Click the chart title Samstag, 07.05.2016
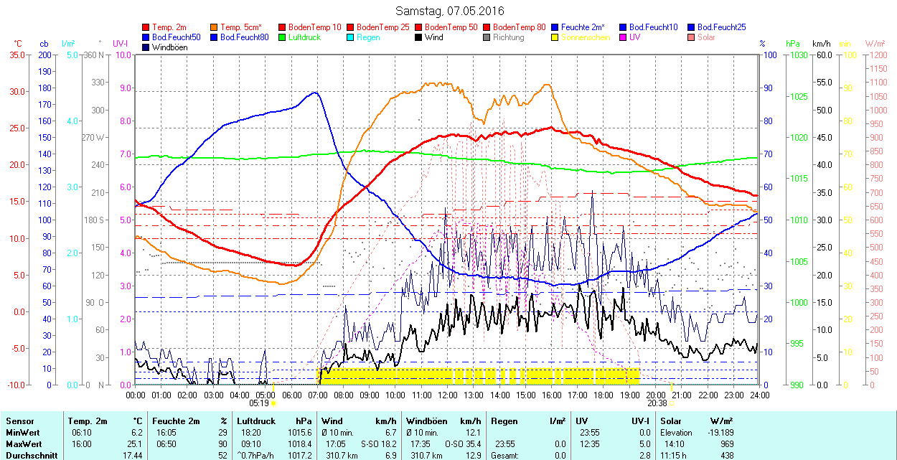[x=450, y=11]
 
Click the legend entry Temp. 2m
[x=169, y=27]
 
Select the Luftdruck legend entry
[x=304, y=37]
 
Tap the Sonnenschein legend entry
[x=586, y=37]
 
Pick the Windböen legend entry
[x=169, y=47]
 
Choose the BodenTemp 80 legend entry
[x=520, y=27]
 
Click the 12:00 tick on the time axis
[x=448, y=395]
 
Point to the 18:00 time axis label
[x=604, y=395]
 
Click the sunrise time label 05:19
[x=259, y=403]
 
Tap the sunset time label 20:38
[x=657, y=403]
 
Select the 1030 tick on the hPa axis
[x=799, y=55]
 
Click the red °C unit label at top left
[x=17, y=44]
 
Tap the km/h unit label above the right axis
[x=822, y=44]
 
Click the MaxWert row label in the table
[x=22, y=443]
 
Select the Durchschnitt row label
[x=28, y=455]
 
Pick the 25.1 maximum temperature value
[x=136, y=443]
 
